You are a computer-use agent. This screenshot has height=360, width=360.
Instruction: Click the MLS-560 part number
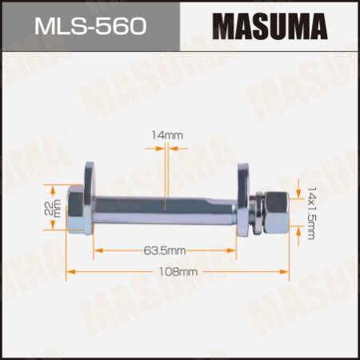(x=90, y=27)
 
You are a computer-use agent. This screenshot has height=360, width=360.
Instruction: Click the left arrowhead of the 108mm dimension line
(x=69, y=272)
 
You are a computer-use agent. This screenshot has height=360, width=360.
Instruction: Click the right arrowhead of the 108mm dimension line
(x=283, y=272)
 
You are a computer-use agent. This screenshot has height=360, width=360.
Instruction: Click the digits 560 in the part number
(x=121, y=27)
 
